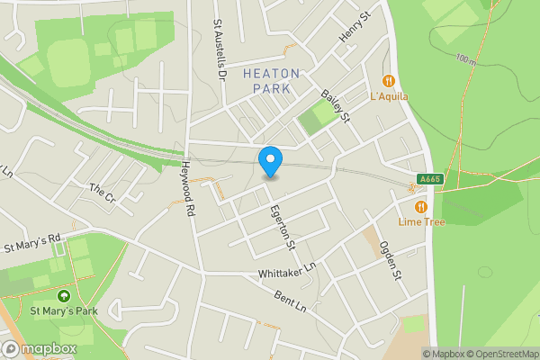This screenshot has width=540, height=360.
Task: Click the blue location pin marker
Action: [x=270, y=160]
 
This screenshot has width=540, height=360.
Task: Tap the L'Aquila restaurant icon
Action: [x=389, y=80]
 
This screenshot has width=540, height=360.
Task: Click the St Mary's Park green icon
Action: [x=63, y=295]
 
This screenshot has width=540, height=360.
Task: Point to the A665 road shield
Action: [x=429, y=179]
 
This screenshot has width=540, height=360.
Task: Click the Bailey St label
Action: [x=335, y=106]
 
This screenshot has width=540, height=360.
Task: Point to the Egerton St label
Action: [x=283, y=226]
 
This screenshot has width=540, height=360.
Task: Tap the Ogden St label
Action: [x=388, y=260]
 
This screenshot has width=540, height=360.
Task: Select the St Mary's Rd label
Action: [x=31, y=243]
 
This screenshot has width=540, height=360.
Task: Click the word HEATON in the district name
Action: [x=271, y=73]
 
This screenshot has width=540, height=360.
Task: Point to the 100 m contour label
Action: [x=465, y=59]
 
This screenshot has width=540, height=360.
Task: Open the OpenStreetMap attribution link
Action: [x=502, y=354]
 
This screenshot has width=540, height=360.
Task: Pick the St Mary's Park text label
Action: [x=63, y=311]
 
